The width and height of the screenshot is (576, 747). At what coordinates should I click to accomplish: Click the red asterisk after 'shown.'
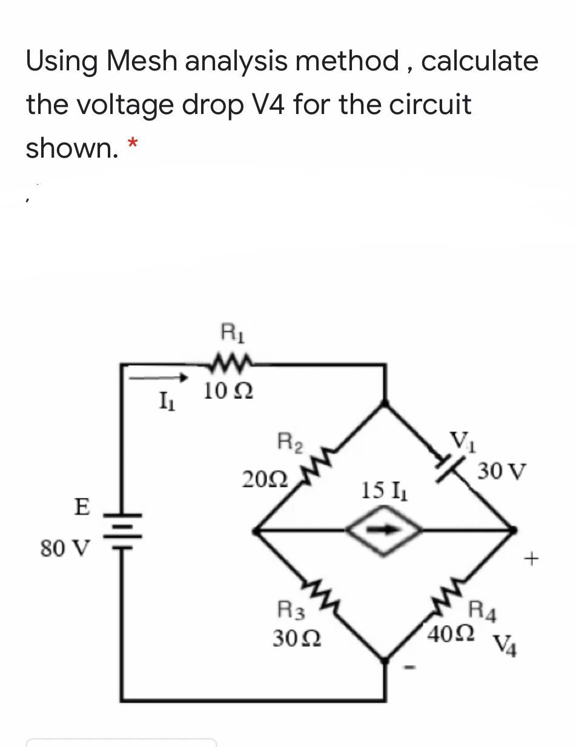tap(132, 143)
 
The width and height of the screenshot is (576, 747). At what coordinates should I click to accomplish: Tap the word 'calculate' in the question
tap(480, 61)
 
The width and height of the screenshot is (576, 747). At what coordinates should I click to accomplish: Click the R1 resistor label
tap(230, 333)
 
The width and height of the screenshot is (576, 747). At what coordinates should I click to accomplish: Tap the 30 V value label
tap(502, 471)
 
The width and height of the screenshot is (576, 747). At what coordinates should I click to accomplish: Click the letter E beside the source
tap(81, 506)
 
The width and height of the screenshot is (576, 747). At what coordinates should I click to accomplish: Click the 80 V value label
tap(65, 549)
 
